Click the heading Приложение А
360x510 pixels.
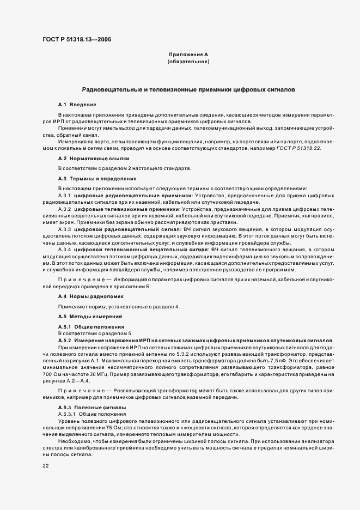(188, 55)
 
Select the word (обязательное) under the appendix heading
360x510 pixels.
(188, 63)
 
